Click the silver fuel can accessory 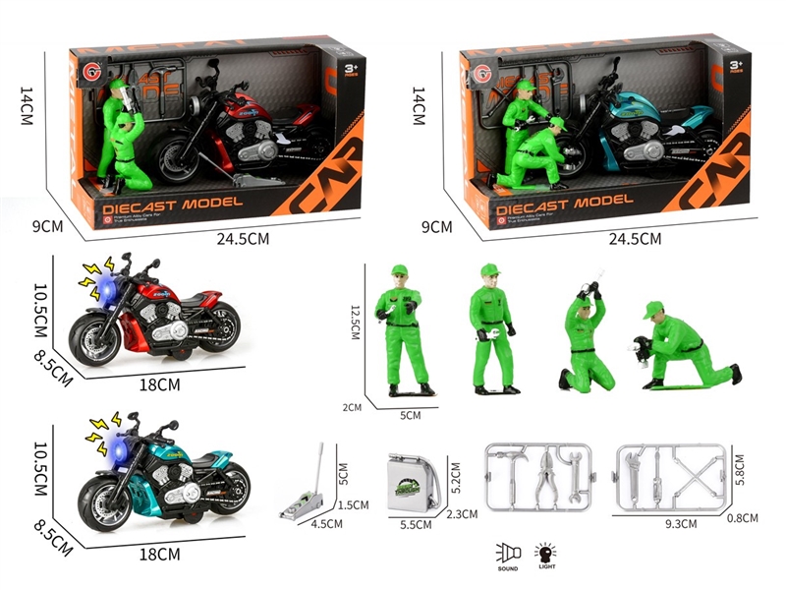click(413, 481)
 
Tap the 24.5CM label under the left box click(247, 239)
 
